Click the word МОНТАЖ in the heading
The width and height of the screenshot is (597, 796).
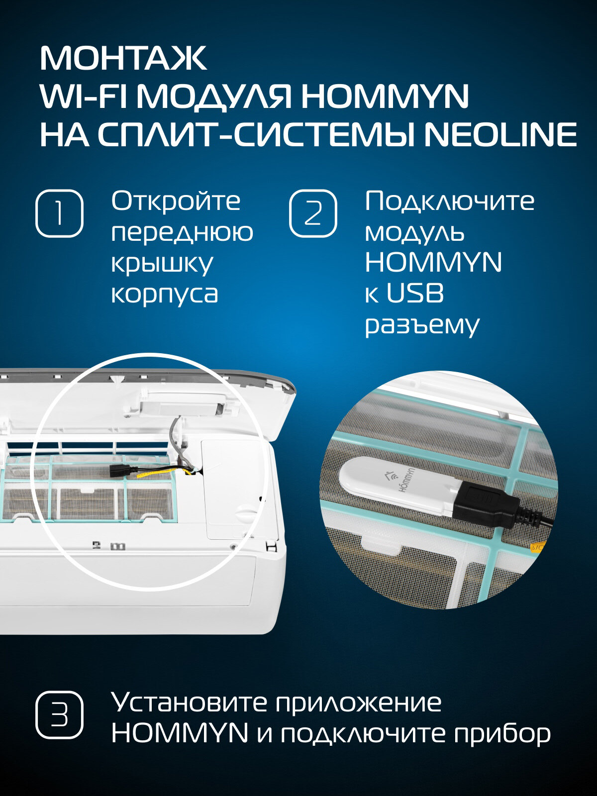tap(123, 58)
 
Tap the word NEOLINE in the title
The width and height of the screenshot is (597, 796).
tap(500, 135)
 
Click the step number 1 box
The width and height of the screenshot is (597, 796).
tap(59, 213)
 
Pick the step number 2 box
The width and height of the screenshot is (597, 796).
tap(313, 213)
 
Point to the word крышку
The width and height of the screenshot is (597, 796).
tap(162, 265)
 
